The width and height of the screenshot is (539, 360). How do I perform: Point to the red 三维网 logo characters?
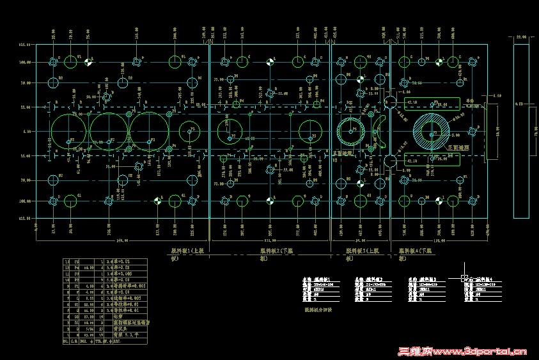pyautogui.click(x=416, y=351)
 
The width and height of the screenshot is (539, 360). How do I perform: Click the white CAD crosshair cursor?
pyautogui.click(x=462, y=279)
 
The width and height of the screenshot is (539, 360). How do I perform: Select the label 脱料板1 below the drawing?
pyautogui.click(x=185, y=252)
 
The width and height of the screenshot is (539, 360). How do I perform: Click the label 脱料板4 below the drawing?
pyautogui.click(x=415, y=252)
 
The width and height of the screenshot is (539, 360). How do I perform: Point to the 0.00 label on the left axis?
pyautogui.click(x=26, y=132)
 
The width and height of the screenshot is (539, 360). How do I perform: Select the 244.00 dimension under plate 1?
pyautogui.click(x=120, y=241)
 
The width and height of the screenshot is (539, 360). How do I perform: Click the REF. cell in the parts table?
pyautogui.click(x=116, y=341)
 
